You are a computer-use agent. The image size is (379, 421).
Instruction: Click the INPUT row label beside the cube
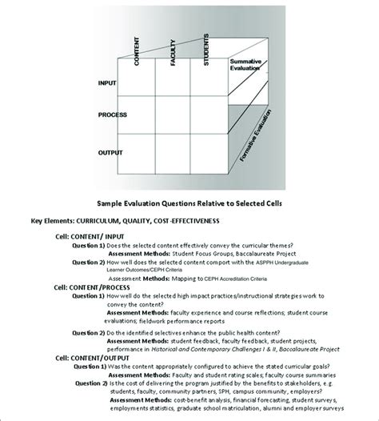point(107,82)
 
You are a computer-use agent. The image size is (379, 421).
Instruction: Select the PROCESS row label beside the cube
point(113,115)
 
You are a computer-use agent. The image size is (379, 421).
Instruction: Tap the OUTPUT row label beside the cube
point(110,151)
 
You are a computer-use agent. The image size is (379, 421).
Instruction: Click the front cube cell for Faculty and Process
point(181,117)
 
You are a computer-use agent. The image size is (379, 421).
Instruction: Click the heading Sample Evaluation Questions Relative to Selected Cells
point(189,203)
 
